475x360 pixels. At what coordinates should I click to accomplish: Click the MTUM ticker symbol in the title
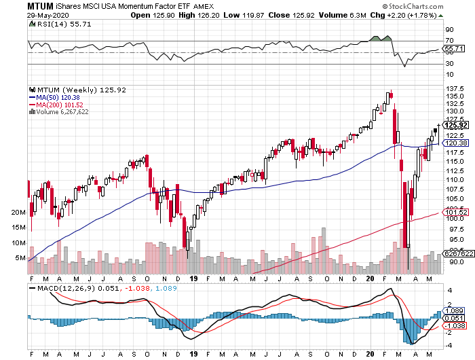point(40,5)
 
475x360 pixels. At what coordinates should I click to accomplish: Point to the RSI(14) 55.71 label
point(55,24)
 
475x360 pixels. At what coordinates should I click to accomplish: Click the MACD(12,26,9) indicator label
point(72,288)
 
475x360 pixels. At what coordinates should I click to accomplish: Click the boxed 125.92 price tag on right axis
point(453,125)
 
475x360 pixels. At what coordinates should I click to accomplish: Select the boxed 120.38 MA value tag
point(453,143)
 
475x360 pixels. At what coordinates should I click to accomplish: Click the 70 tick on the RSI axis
point(449,41)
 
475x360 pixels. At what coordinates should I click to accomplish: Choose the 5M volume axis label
point(20,258)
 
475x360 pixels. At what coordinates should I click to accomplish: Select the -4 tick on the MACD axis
point(449,344)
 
